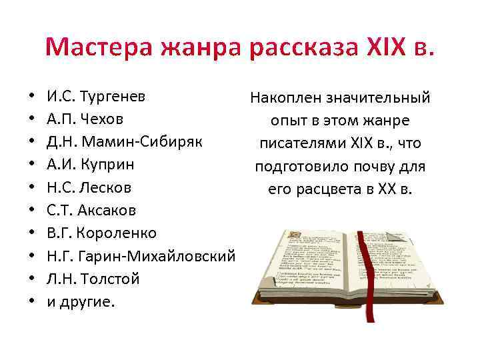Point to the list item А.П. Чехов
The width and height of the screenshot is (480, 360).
[x=85, y=121]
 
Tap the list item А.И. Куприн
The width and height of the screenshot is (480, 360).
[x=90, y=165]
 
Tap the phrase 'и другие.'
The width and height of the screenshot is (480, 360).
[x=81, y=301]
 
